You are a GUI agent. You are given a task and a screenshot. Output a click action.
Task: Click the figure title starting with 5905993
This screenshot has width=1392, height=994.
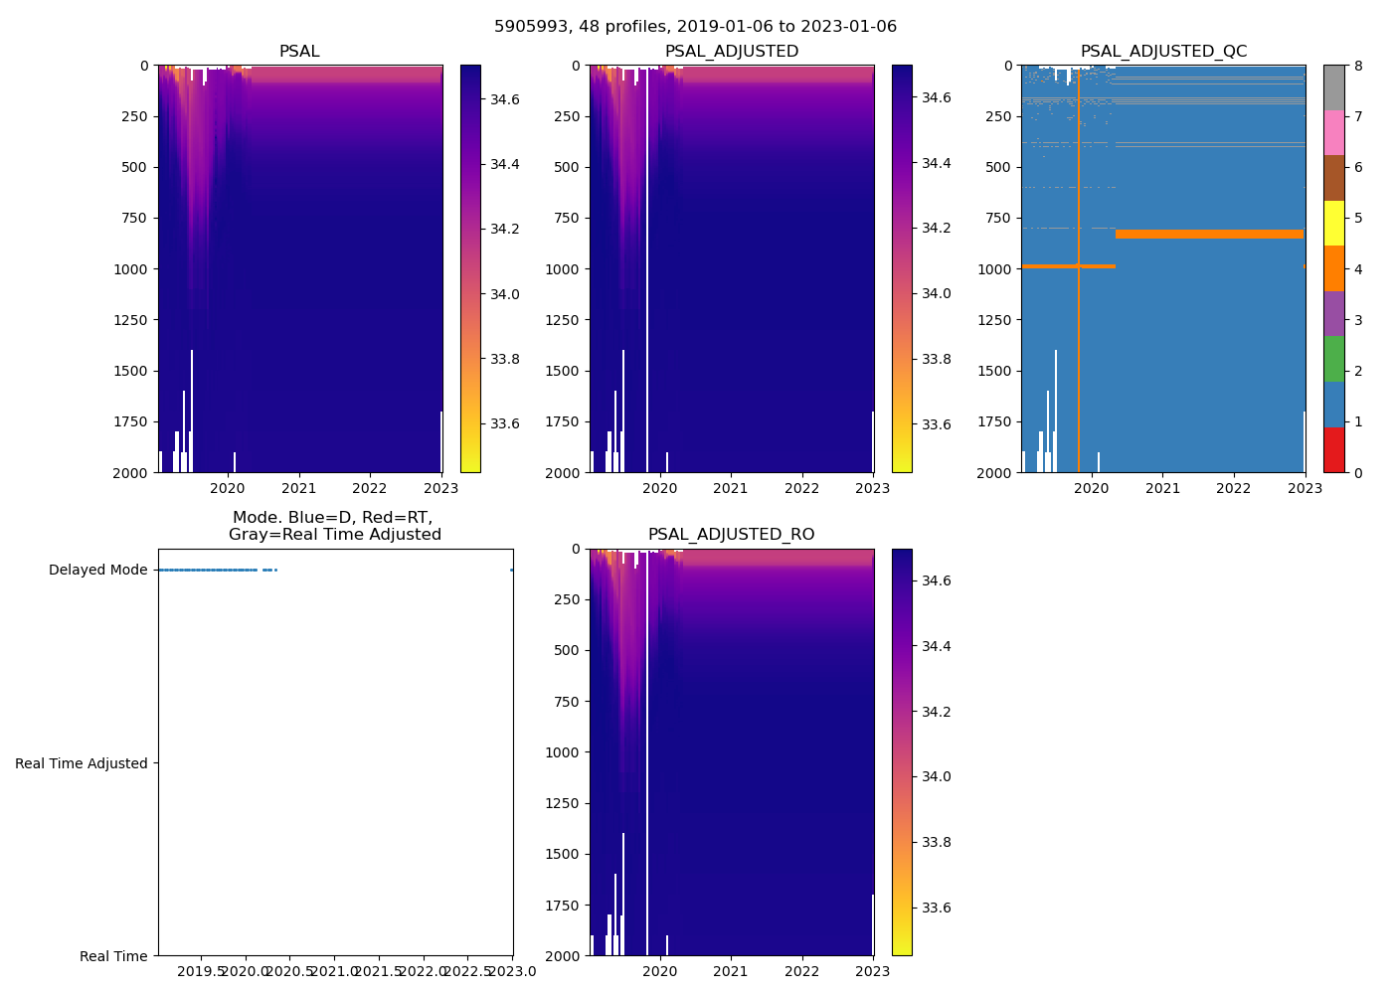click(695, 27)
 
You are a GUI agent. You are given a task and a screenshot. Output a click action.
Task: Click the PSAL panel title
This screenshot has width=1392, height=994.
click(299, 52)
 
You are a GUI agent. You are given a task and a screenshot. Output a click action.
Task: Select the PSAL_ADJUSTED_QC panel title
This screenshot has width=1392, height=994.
click(1163, 52)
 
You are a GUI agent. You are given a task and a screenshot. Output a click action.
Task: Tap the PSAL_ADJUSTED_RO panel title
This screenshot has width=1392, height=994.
click(731, 535)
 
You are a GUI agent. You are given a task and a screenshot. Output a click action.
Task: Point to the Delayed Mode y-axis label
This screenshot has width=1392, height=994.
click(97, 570)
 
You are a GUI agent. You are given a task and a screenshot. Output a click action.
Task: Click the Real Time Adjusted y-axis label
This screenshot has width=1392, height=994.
click(81, 763)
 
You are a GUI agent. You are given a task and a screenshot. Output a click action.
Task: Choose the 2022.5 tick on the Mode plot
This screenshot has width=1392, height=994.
click(467, 971)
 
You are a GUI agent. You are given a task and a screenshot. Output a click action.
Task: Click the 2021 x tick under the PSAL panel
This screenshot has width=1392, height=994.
click(298, 488)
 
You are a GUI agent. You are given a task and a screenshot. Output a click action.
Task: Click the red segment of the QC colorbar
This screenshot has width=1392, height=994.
click(1333, 449)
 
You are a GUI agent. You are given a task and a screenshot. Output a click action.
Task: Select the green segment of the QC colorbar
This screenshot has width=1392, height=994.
click(1333, 359)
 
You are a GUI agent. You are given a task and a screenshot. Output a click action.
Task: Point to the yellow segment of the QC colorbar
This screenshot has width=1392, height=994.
click(1333, 223)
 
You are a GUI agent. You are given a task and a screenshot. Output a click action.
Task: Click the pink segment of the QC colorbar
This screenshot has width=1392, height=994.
click(1333, 132)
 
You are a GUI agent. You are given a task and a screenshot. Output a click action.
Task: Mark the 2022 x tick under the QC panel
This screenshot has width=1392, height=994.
click(1233, 488)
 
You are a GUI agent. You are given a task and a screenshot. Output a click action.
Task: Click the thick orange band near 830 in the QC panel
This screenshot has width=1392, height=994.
click(1209, 235)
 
